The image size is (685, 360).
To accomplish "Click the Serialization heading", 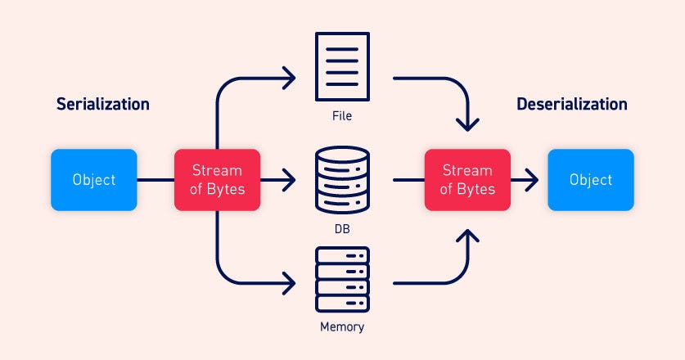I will pos(102,105).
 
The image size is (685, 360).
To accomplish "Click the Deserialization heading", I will pos(571,105).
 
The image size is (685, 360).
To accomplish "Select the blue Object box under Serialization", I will pos(93,180).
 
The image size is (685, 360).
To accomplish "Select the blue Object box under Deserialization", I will pos(590,180).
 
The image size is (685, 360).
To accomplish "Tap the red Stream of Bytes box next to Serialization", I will pos(217,180).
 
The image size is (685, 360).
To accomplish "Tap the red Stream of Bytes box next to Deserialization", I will pos(467,180).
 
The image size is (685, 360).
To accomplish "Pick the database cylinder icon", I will pos(342,179).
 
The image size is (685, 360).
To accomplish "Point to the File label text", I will pos(342,116).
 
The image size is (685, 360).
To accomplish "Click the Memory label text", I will pos(342,327).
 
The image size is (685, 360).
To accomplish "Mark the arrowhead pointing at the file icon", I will pos(289,79).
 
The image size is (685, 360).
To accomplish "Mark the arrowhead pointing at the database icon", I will pos(289,180).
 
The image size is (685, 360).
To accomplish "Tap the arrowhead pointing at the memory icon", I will pos(289,283).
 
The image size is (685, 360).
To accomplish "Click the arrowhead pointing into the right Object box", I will pos(532,180).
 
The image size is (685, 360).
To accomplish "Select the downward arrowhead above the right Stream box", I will pos(467,125).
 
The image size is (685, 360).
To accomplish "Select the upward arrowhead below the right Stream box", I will pos(467,236).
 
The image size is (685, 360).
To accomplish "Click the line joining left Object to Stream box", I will pos(155,180).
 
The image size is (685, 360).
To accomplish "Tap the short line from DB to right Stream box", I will pos(407,180).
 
